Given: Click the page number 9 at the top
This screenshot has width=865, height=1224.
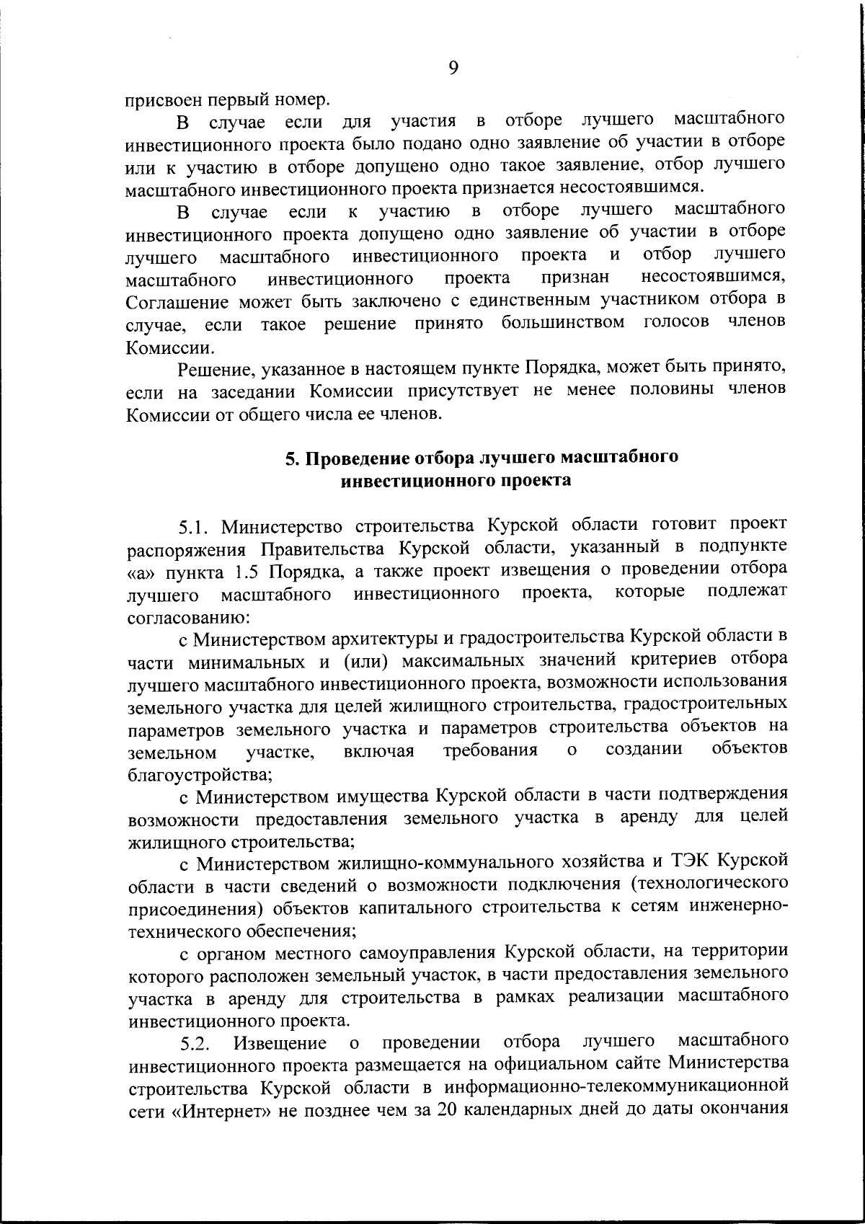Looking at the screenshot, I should [x=453, y=68].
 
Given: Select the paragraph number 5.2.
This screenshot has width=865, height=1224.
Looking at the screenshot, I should [x=195, y=1043].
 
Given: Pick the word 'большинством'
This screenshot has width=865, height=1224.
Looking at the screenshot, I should [x=563, y=323].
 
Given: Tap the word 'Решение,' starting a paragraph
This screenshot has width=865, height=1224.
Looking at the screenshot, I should [x=214, y=370].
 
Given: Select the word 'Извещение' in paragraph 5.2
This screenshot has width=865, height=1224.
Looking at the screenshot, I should [x=280, y=1043].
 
